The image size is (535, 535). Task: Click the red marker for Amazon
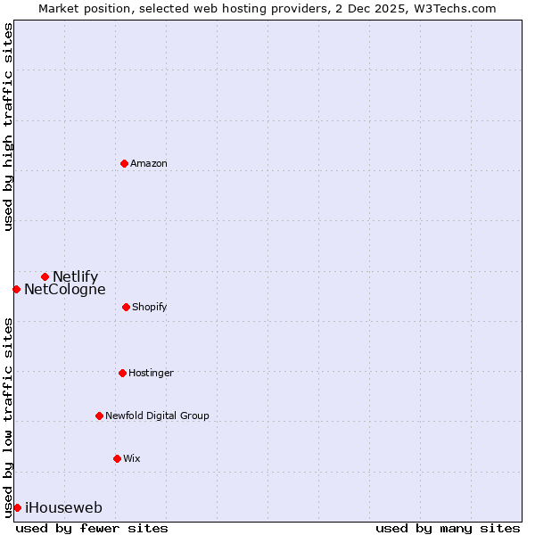click(x=124, y=163)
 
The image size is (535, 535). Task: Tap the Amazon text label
click(x=148, y=163)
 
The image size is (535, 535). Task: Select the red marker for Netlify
click(x=45, y=276)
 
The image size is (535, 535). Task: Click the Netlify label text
click(x=75, y=276)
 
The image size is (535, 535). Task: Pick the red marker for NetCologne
click(x=16, y=289)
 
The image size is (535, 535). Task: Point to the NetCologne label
click(x=64, y=289)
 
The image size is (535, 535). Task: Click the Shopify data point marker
click(x=126, y=307)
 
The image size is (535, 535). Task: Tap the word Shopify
click(x=149, y=307)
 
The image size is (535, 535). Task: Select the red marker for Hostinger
click(x=122, y=373)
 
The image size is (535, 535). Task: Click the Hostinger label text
click(x=151, y=373)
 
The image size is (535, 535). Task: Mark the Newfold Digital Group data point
click(x=99, y=416)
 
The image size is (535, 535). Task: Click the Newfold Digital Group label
click(x=157, y=416)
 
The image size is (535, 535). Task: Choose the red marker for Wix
click(x=117, y=458)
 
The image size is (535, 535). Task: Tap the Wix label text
click(x=131, y=458)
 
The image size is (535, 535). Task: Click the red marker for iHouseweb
click(x=17, y=507)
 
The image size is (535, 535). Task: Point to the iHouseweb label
click(x=63, y=507)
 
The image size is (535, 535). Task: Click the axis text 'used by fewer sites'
click(x=92, y=528)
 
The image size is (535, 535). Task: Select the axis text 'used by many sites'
click(x=448, y=528)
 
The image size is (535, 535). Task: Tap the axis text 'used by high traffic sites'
click(x=8, y=127)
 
